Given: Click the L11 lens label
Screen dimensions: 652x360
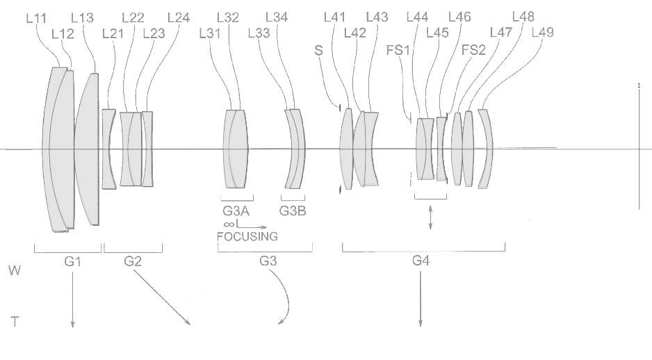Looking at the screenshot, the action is [x=36, y=18].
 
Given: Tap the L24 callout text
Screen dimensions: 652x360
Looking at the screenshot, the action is [x=179, y=18].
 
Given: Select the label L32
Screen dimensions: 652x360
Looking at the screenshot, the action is [x=228, y=18].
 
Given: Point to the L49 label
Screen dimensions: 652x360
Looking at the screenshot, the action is [x=543, y=33].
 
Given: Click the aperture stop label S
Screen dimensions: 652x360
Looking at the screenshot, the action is [x=318, y=50].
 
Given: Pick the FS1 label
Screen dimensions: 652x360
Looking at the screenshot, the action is [x=398, y=50].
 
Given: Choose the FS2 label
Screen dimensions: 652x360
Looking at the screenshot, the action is [x=473, y=50].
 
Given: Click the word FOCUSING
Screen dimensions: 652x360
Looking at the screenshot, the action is [x=247, y=236].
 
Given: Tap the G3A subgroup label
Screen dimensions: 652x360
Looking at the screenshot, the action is [x=236, y=211].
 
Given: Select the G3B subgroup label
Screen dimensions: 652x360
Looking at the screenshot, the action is [x=293, y=211].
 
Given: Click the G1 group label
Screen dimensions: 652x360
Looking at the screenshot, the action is [x=73, y=261].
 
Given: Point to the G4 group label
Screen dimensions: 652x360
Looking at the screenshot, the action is [x=421, y=261].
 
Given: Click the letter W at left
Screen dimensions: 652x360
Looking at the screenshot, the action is [x=15, y=270].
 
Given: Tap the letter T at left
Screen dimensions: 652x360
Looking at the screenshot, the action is [x=15, y=322].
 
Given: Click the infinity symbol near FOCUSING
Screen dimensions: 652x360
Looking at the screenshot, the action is [x=229, y=224].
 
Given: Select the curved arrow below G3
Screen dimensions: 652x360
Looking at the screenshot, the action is [x=288, y=297].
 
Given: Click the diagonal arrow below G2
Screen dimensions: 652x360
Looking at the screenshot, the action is [x=162, y=297].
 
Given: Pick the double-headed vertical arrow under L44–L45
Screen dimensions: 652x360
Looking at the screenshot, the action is [x=430, y=218].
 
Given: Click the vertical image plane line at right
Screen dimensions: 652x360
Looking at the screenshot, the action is [x=639, y=147].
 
